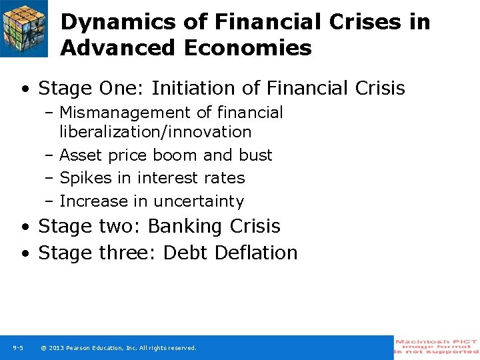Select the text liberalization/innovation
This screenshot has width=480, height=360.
click(155, 132)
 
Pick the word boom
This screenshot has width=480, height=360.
click(175, 155)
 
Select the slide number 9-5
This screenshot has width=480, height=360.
click(18, 348)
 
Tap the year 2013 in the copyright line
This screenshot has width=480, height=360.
click(55, 348)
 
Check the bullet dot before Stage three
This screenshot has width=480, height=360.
click(25, 254)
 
